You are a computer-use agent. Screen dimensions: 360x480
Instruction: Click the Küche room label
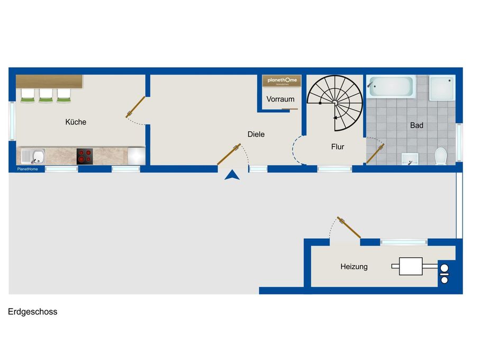pyautogui.click(x=76, y=122)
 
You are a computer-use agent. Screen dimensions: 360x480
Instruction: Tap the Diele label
pyautogui.click(x=256, y=134)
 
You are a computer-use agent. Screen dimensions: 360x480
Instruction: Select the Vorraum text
pyautogui.click(x=280, y=100)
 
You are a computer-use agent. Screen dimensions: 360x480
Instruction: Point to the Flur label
pyautogui.click(x=337, y=147)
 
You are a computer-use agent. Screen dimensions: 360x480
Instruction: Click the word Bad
pyautogui.click(x=416, y=126)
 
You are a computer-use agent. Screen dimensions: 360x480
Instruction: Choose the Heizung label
pyautogui.click(x=354, y=267)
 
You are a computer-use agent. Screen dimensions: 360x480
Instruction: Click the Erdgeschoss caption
pyautogui.click(x=32, y=312)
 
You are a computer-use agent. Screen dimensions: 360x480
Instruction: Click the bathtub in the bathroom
pyautogui.click(x=391, y=86)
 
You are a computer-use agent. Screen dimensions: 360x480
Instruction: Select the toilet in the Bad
pyautogui.click(x=440, y=156)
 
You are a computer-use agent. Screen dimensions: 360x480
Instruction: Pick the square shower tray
pyautogui.click(x=442, y=87)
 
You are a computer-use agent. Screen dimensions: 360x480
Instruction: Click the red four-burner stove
pyautogui.click(x=85, y=156)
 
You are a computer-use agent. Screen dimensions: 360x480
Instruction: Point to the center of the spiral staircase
pyautogui.click(x=335, y=102)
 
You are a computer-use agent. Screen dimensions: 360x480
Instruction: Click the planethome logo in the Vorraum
pyautogui.click(x=283, y=80)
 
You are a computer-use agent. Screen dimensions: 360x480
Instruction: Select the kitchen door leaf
pyautogui.click(x=135, y=106)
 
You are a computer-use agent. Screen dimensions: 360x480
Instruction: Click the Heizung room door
pyautogui.click(x=349, y=227)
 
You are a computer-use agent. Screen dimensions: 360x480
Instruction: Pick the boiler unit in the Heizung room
pyautogui.click(x=411, y=266)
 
